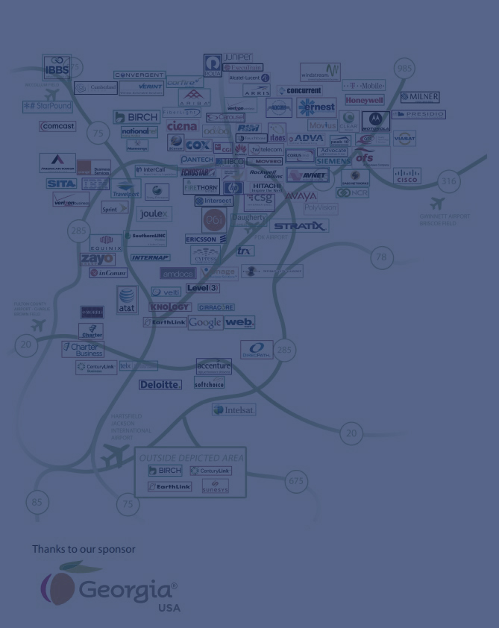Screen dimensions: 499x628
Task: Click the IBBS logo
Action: click(x=57, y=68)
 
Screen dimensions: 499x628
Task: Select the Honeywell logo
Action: click(x=364, y=100)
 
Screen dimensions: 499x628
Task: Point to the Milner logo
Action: click(x=419, y=97)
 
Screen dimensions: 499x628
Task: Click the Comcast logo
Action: click(x=57, y=127)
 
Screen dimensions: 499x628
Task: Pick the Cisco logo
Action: click(x=407, y=176)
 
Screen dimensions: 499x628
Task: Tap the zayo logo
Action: click(x=97, y=259)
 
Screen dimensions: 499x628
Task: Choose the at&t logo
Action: click(x=127, y=299)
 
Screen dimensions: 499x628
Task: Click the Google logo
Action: click(x=204, y=322)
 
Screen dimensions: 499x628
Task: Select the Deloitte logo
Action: click(x=160, y=385)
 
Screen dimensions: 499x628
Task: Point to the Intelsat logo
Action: click(x=233, y=409)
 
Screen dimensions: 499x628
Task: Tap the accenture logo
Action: click(x=213, y=367)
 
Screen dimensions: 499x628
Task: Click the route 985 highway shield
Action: click(x=404, y=68)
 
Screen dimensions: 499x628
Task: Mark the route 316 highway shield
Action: click(x=448, y=180)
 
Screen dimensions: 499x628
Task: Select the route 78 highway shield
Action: click(x=381, y=257)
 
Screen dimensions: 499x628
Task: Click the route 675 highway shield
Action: click(x=296, y=481)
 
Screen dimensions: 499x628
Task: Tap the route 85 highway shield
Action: click(x=37, y=503)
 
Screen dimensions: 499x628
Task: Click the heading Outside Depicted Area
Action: click(x=192, y=457)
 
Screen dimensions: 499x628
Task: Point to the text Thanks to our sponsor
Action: click(x=84, y=549)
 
